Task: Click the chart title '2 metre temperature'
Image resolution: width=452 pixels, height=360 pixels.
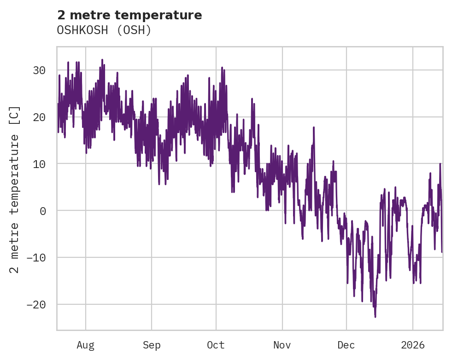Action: [129, 15]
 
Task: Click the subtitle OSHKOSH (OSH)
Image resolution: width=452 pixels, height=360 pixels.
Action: [104, 30]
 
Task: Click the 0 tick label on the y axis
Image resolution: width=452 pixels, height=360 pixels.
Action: [42, 211]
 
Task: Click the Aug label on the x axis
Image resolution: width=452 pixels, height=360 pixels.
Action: [85, 345]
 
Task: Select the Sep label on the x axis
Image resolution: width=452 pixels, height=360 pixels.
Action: [151, 345]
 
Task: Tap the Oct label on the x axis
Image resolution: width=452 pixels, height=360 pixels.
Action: [216, 345]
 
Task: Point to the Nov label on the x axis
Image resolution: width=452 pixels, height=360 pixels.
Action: [282, 345]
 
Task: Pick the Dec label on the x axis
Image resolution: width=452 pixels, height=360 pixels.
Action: [346, 345]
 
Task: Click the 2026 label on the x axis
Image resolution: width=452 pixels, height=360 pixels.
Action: [413, 345]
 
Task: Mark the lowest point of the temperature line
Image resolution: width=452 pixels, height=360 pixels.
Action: [375, 317]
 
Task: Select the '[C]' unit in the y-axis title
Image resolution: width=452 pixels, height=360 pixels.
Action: [15, 115]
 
